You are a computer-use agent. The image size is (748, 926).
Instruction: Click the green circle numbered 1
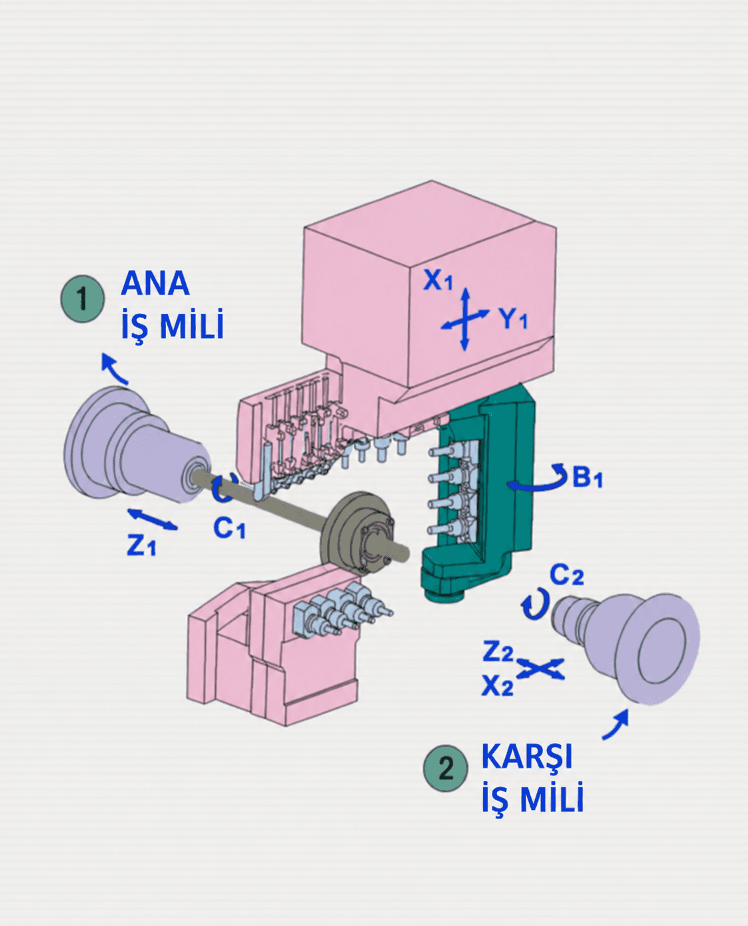82,298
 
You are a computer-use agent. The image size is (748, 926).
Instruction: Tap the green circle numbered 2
446,768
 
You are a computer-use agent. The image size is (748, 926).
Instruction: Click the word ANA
155,283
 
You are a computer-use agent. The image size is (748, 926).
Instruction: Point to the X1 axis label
438,280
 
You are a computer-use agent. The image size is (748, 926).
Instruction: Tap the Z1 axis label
141,545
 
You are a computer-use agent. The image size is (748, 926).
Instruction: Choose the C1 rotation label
229,528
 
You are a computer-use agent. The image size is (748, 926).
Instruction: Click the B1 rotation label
587,477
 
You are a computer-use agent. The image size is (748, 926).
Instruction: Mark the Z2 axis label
498,652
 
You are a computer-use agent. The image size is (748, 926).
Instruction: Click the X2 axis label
498,686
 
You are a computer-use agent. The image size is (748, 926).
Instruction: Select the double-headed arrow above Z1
153,519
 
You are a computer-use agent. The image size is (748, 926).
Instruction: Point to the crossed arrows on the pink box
465,319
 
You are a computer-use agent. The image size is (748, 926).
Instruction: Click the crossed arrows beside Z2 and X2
540,668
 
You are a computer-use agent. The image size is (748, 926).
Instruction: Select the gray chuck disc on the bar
356,533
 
